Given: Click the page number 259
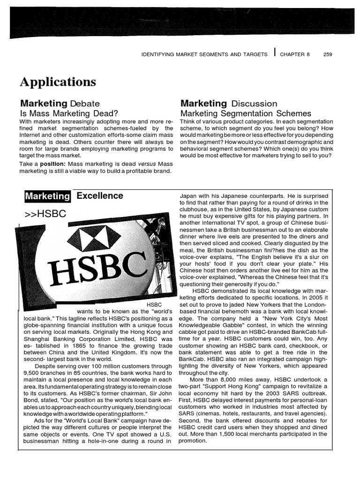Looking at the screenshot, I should coord(328,54).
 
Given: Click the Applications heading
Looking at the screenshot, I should coord(58,82).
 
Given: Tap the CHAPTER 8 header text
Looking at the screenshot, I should coord(295,54).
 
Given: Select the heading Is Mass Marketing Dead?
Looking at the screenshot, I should coord(68,113).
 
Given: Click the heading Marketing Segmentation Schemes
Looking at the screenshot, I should coord(246,113).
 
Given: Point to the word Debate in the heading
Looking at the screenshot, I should coord(85,104).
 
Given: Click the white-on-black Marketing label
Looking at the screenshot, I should coord(47,196).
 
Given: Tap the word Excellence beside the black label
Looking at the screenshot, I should coord(100,196).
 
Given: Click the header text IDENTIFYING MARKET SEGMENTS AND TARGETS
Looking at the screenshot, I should coord(204,54).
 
